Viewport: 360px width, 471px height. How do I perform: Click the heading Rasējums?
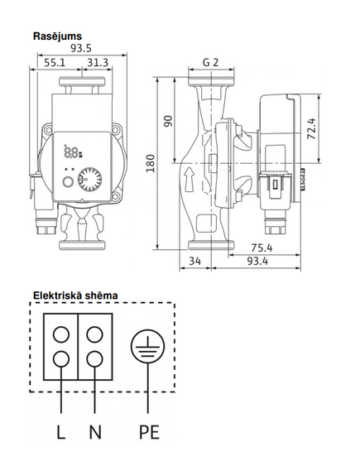click(x=57, y=36)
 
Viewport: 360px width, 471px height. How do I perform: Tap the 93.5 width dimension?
click(x=81, y=48)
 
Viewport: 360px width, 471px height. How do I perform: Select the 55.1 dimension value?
click(x=55, y=63)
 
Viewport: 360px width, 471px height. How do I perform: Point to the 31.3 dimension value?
click(x=98, y=63)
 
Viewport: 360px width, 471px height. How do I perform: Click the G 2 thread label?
click(x=211, y=62)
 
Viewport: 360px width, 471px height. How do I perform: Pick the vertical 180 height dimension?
click(x=151, y=163)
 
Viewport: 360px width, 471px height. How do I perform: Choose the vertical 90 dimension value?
click(x=169, y=121)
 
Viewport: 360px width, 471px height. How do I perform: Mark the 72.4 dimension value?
click(x=312, y=129)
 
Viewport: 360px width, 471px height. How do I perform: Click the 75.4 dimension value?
click(x=262, y=248)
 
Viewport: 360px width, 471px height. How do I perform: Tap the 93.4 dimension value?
click(x=257, y=261)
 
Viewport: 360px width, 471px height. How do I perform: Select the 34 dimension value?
click(x=194, y=261)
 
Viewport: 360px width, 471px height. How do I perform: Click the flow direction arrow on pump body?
click(x=190, y=180)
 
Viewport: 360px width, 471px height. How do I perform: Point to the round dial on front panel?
click(x=89, y=180)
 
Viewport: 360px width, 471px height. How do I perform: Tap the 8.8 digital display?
click(x=72, y=151)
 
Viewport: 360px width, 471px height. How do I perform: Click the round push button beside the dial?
click(x=68, y=182)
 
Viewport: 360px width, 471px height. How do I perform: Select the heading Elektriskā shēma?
click(x=75, y=296)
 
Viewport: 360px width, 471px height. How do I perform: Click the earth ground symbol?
click(x=147, y=346)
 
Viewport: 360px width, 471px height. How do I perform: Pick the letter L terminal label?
click(x=61, y=433)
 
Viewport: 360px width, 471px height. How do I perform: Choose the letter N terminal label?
click(x=95, y=433)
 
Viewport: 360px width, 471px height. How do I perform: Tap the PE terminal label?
click(x=149, y=433)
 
